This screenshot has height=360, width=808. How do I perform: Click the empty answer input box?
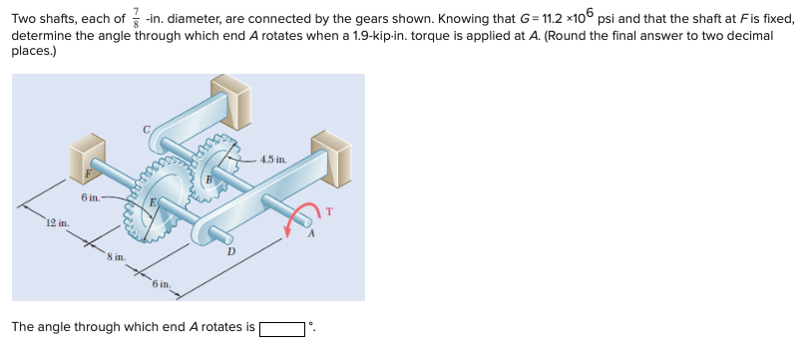tap(282, 327)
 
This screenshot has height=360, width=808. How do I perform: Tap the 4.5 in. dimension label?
tap(272, 159)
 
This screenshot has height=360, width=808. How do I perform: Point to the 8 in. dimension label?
tap(117, 258)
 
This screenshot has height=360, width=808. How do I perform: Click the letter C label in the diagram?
tap(147, 128)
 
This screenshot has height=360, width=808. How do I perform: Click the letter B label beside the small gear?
tap(208, 180)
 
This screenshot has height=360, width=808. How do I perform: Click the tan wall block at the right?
tap(332, 157)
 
